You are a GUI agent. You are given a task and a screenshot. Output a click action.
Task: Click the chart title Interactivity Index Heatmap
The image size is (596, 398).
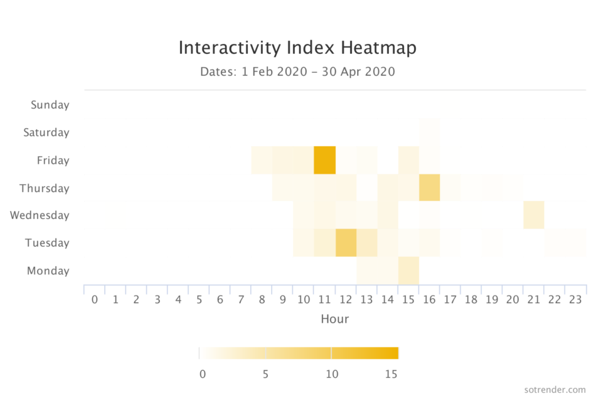tap(297, 48)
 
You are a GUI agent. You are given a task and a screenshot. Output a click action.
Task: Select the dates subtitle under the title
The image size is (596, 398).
tap(297, 72)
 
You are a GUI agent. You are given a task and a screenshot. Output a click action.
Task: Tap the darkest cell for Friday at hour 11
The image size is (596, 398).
tap(324, 160)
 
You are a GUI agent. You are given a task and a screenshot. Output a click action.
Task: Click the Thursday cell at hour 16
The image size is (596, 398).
tap(430, 188)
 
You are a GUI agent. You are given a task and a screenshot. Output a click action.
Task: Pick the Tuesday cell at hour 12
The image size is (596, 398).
tap(346, 243)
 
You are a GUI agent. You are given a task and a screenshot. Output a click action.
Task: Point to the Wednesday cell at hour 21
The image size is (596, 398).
tap(534, 215)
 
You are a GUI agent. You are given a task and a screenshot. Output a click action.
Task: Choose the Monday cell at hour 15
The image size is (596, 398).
tap(408, 271)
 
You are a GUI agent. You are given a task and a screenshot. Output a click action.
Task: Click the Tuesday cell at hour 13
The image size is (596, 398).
tap(367, 243)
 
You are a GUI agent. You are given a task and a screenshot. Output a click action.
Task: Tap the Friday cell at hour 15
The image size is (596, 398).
tap(408, 160)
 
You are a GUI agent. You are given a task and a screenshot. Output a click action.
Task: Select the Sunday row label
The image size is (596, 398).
tap(50, 105)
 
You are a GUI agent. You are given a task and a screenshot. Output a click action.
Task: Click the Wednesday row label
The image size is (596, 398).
tap(40, 215)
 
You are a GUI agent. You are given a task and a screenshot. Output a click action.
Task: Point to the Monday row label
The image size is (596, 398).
tap(48, 271)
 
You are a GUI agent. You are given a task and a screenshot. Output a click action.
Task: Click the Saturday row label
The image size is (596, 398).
tap(46, 132)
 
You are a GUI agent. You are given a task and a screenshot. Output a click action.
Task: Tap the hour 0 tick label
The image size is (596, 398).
tap(95, 300)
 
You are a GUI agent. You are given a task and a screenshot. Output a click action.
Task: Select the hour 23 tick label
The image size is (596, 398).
tap(575, 300)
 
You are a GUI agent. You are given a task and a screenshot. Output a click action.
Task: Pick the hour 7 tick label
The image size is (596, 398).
tap(241, 300)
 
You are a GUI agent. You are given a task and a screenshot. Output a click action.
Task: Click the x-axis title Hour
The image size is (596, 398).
tap(335, 319)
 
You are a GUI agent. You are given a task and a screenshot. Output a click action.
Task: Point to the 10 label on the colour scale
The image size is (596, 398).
tap(332, 374)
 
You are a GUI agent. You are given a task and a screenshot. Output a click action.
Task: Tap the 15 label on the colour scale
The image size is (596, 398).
tap(391, 374)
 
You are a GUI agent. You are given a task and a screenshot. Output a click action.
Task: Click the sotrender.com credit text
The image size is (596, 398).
tap(555, 390)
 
